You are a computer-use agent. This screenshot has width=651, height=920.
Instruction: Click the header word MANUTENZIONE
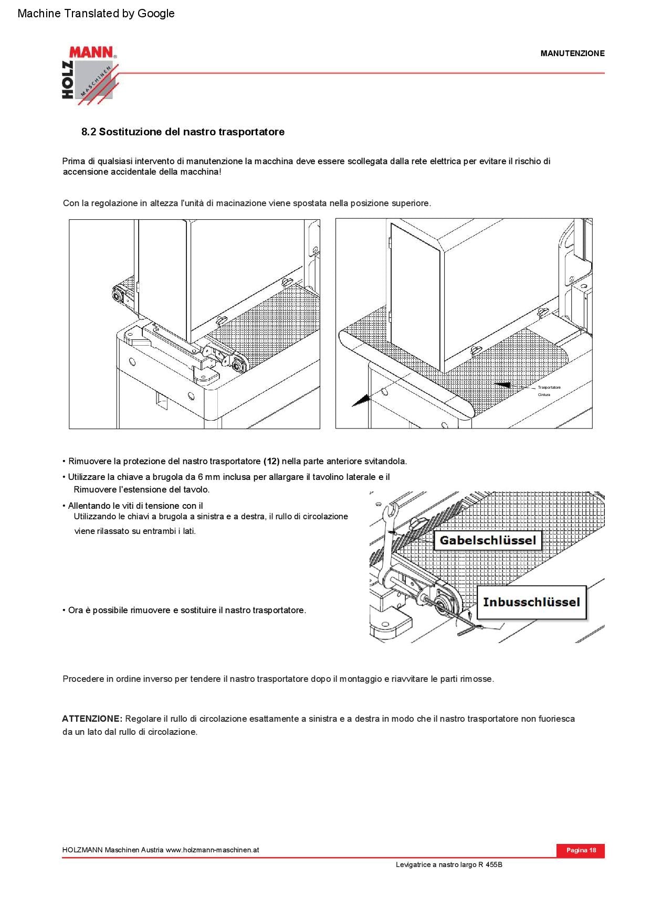click(x=572, y=53)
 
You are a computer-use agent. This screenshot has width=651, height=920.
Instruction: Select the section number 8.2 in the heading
click(x=89, y=132)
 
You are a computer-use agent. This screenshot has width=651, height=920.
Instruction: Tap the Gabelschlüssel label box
click(x=488, y=540)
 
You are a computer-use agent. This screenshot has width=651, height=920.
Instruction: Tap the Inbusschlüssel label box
click(x=531, y=602)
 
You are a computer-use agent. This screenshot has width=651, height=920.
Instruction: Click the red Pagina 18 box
click(x=581, y=850)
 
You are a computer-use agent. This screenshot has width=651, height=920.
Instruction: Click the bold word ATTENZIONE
click(x=92, y=719)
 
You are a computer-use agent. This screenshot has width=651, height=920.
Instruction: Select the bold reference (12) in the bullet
click(x=271, y=462)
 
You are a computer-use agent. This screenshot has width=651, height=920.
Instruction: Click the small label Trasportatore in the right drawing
click(x=549, y=388)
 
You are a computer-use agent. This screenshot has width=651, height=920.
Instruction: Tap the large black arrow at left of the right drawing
click(x=361, y=401)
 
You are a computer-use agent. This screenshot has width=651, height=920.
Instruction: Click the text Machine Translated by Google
click(x=96, y=14)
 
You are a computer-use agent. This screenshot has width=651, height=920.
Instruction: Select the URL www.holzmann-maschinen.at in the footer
click(x=212, y=850)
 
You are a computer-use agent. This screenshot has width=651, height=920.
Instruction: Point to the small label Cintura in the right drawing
click(x=544, y=394)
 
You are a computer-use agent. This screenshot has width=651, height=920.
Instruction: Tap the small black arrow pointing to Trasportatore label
click(x=503, y=385)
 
